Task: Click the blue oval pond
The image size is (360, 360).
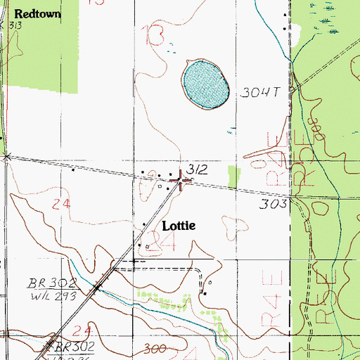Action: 206,84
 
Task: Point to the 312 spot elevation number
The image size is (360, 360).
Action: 198,169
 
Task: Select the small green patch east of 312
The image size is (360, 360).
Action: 234,176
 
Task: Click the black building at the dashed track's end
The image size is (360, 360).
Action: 205,292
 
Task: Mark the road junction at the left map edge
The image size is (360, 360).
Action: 6,156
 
